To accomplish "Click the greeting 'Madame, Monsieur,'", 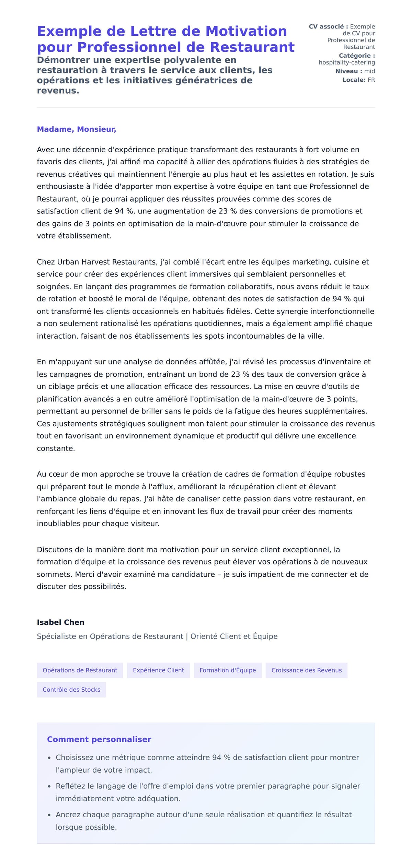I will click(76, 129).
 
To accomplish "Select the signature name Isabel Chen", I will click(60, 622).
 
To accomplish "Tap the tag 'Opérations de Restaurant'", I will click(80, 670).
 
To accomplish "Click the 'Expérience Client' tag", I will click(158, 670).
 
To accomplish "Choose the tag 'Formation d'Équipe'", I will click(228, 670).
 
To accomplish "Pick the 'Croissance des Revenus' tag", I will click(306, 670).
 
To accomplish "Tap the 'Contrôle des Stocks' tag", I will click(71, 689).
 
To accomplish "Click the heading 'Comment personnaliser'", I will click(99, 739).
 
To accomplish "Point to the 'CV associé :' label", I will click(328, 26).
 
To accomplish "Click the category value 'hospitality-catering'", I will click(346, 62).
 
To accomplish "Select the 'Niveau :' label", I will click(348, 71).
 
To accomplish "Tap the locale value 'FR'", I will click(371, 80).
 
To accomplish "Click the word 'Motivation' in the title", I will click(246, 31).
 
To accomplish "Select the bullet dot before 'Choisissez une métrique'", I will click(49, 758).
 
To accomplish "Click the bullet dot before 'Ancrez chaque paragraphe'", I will click(49, 815).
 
